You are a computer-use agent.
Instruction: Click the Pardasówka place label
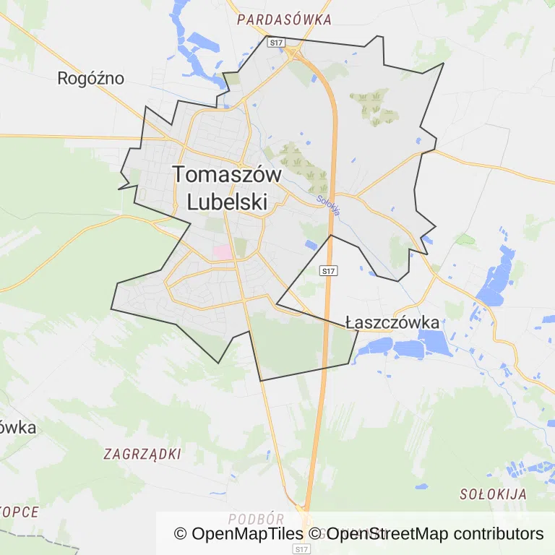pos(284,20)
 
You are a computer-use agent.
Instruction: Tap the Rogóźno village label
pos(91,78)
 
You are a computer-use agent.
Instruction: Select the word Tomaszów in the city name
pos(227,175)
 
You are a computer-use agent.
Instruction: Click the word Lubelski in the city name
pos(227,202)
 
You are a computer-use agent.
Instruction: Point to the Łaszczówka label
pos(392,322)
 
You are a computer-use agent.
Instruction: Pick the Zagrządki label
pos(142,455)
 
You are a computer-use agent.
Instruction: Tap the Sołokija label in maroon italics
pos(493,495)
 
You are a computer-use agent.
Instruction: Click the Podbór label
pos(256,519)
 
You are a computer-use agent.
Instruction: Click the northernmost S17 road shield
pos(275,43)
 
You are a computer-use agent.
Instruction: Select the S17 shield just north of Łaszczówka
pos(328,271)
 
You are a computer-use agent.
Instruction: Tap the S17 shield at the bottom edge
pos(302,549)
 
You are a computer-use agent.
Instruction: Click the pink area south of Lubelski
pos(223,251)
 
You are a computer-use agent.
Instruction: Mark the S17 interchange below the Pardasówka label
pos(293,53)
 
